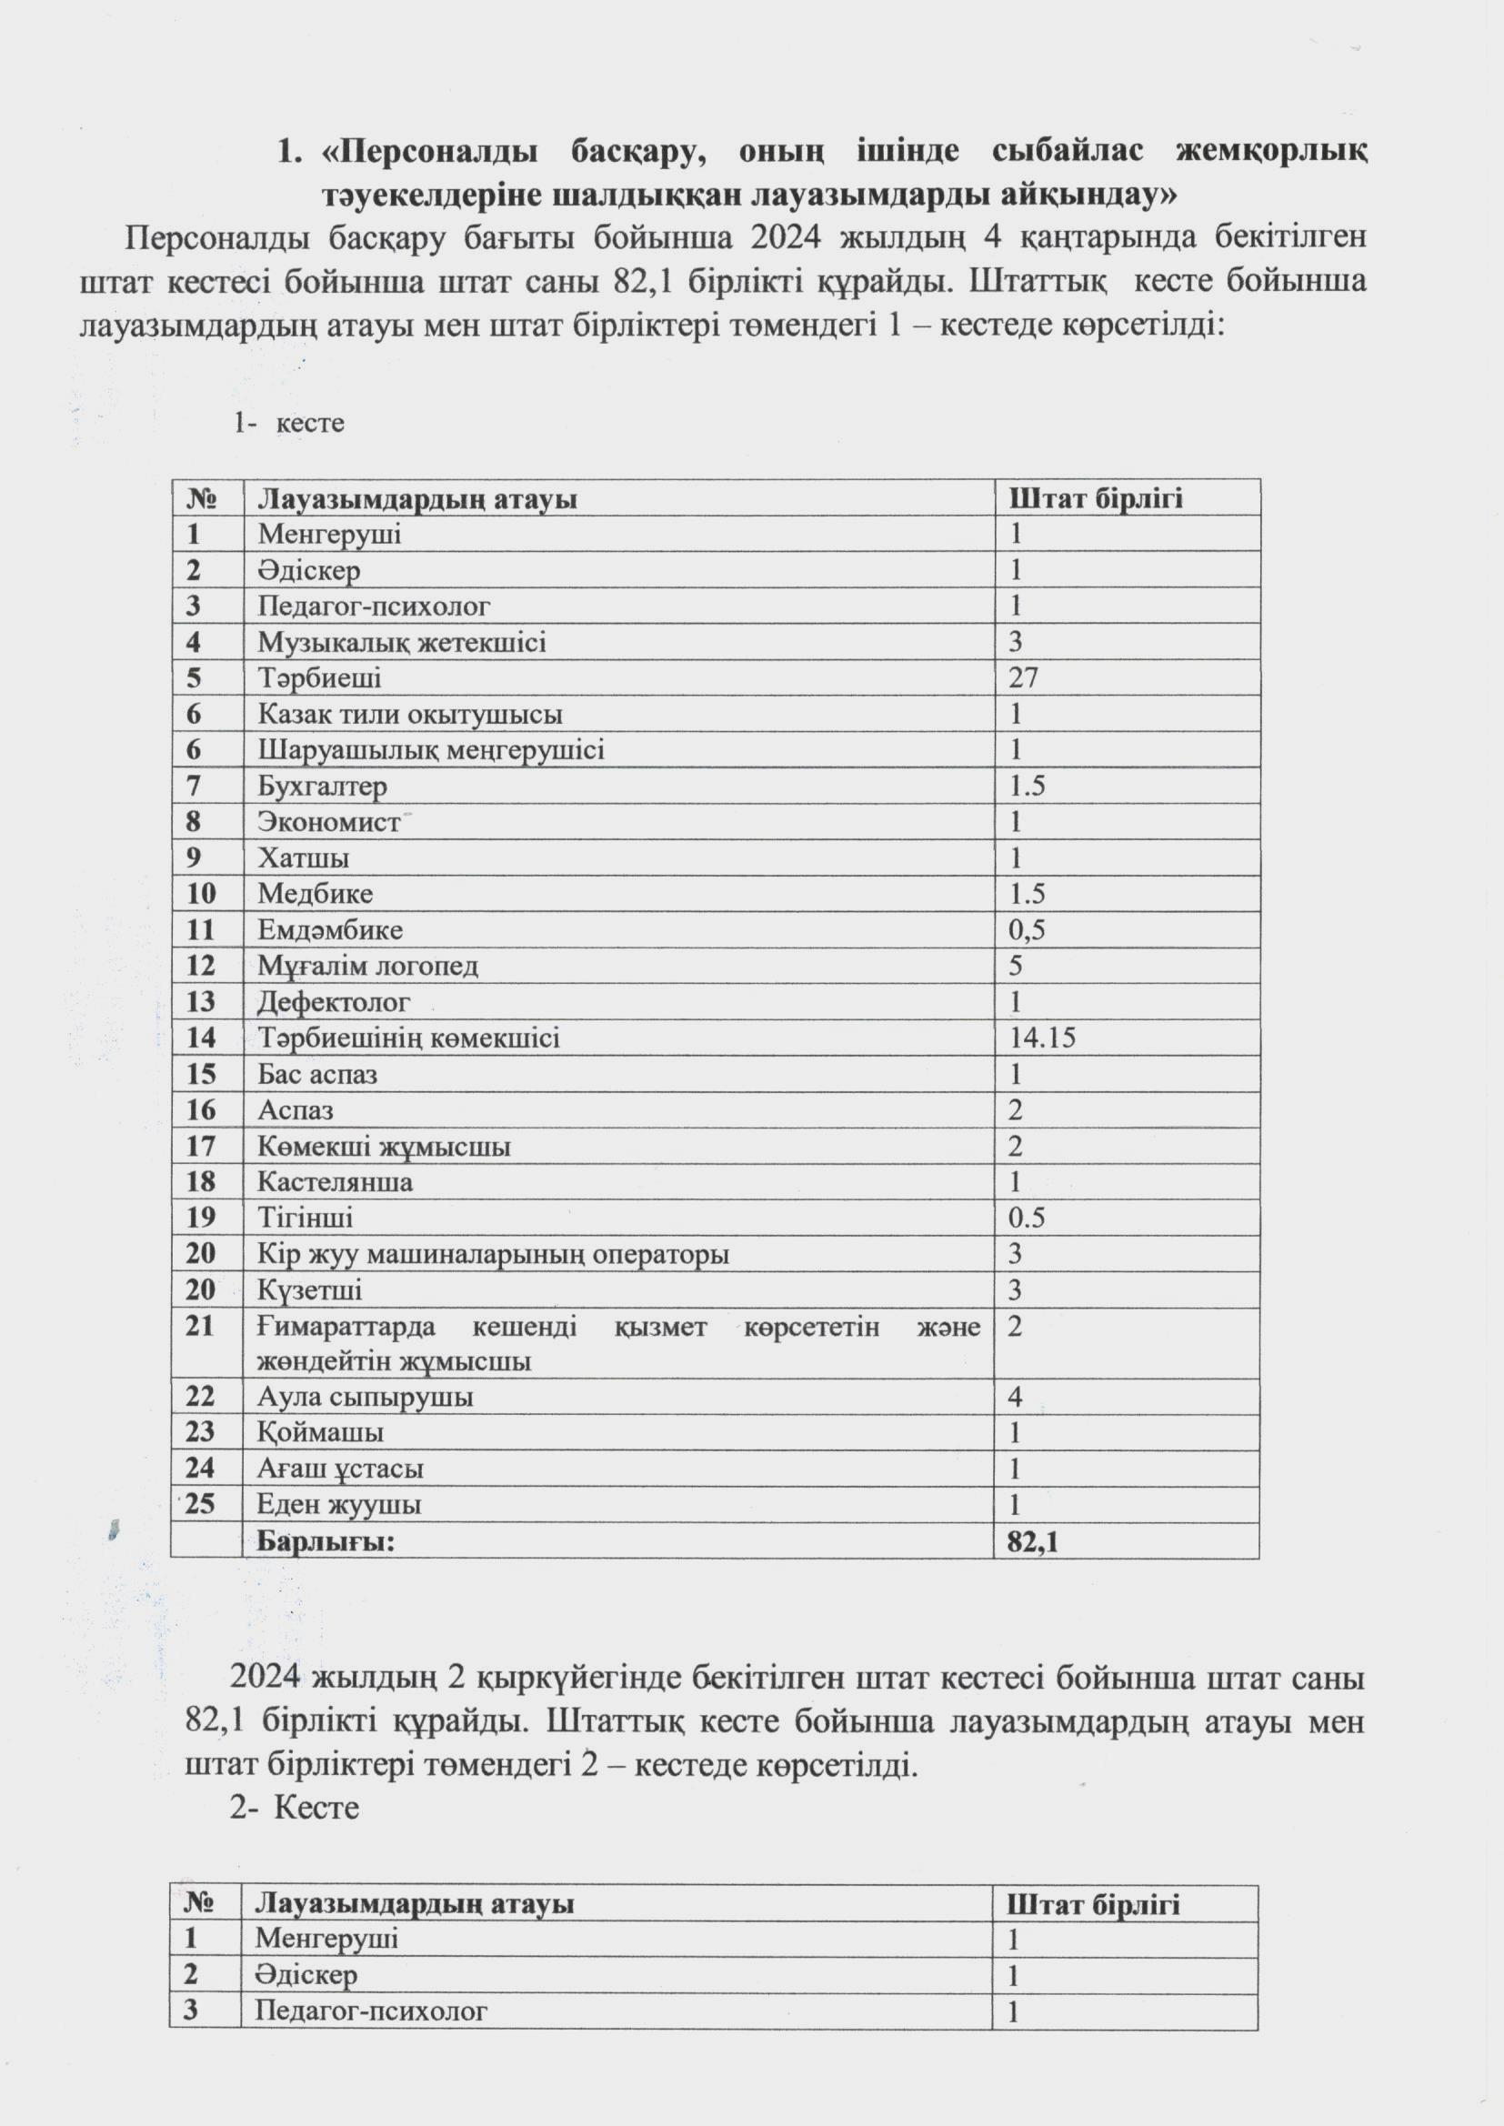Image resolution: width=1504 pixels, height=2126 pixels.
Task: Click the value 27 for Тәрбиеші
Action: [x=1023, y=677]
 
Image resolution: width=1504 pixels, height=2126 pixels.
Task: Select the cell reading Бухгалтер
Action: [x=322, y=787]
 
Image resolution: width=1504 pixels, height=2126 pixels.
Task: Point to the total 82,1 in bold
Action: [x=1033, y=1540]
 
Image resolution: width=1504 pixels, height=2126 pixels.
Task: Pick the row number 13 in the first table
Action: [x=200, y=1002]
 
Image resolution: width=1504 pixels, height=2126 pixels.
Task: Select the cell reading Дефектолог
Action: [x=334, y=1002]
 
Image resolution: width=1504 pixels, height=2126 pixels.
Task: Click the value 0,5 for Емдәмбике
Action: [x=1027, y=929]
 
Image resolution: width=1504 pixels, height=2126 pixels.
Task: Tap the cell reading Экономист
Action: [x=329, y=822]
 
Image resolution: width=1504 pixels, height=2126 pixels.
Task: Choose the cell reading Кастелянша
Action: [x=336, y=1181]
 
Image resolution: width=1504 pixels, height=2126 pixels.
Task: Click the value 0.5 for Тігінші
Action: [x=1027, y=1218]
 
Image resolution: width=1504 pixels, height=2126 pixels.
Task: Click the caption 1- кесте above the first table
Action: [x=289, y=423]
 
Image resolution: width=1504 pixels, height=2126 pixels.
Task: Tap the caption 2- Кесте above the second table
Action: [x=295, y=1809]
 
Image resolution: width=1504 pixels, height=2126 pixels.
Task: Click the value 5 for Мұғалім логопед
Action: [x=1016, y=966]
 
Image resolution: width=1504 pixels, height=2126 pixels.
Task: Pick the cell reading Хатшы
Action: [x=303, y=858]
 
